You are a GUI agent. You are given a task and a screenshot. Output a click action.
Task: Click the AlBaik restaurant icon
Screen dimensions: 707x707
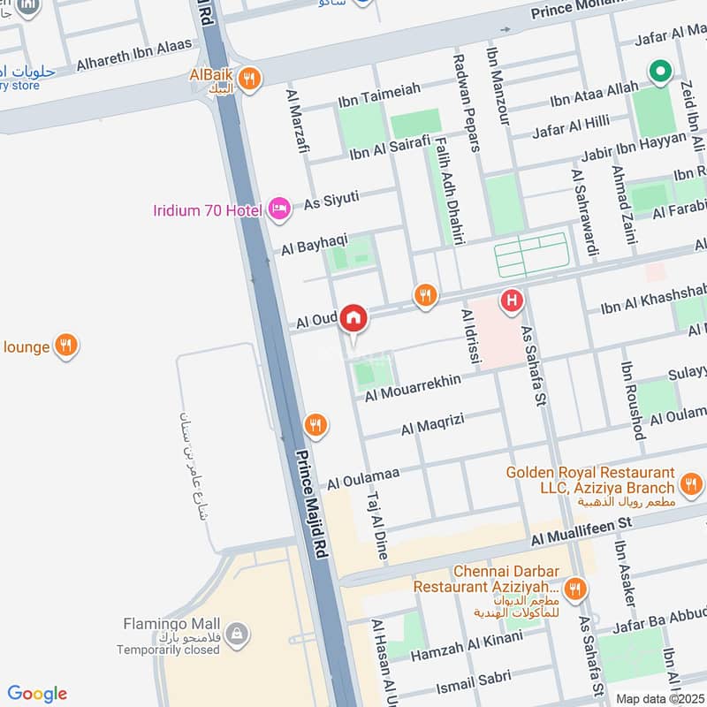point(251,78)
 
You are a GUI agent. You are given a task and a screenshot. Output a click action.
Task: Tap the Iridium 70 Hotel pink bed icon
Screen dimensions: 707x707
point(278,208)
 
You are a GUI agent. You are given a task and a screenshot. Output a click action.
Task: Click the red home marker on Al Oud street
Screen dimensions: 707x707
point(353,316)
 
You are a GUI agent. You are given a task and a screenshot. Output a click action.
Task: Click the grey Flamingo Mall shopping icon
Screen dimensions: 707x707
point(236,634)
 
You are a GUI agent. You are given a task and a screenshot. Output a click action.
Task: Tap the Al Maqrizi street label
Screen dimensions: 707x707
point(432,428)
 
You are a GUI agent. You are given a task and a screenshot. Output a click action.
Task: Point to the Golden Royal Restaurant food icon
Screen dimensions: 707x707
point(691,484)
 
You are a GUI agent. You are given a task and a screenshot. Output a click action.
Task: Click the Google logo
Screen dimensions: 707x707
point(37,693)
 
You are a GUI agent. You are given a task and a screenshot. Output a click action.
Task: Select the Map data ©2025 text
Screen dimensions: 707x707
point(659,698)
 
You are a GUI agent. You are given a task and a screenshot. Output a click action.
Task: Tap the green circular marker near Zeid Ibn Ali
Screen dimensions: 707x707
point(658,72)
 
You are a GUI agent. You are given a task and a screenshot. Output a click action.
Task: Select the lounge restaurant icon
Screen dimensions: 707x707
point(64,346)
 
